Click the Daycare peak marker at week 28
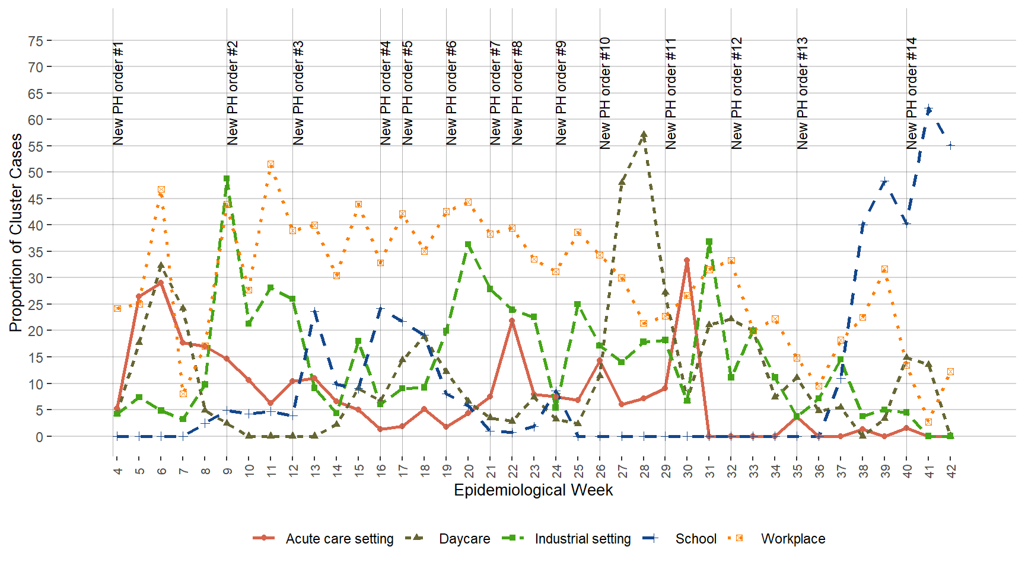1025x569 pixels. coord(644,135)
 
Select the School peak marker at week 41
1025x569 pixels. coord(928,109)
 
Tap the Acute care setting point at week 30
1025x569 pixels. coord(687,260)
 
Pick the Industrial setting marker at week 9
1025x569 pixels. coord(227,178)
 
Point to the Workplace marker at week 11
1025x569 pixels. coord(270,164)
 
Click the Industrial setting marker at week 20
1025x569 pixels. coord(468,244)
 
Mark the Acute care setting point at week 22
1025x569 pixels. coord(512,321)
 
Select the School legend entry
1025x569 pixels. coord(696,539)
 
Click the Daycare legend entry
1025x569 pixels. coord(464,539)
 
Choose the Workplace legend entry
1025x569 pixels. coord(792,539)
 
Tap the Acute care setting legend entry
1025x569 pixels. coord(339,539)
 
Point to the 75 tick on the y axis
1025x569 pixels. coord(36,41)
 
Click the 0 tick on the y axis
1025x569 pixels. coord(39,437)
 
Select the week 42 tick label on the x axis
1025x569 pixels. coord(951,471)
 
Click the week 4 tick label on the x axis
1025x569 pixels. coord(117,471)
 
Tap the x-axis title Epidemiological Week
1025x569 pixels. coord(533,490)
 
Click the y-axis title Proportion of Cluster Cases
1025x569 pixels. coord(16,232)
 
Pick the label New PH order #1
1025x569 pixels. coord(118,93)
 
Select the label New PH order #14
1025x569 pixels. coord(912,93)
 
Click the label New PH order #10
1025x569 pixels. coord(605,93)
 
